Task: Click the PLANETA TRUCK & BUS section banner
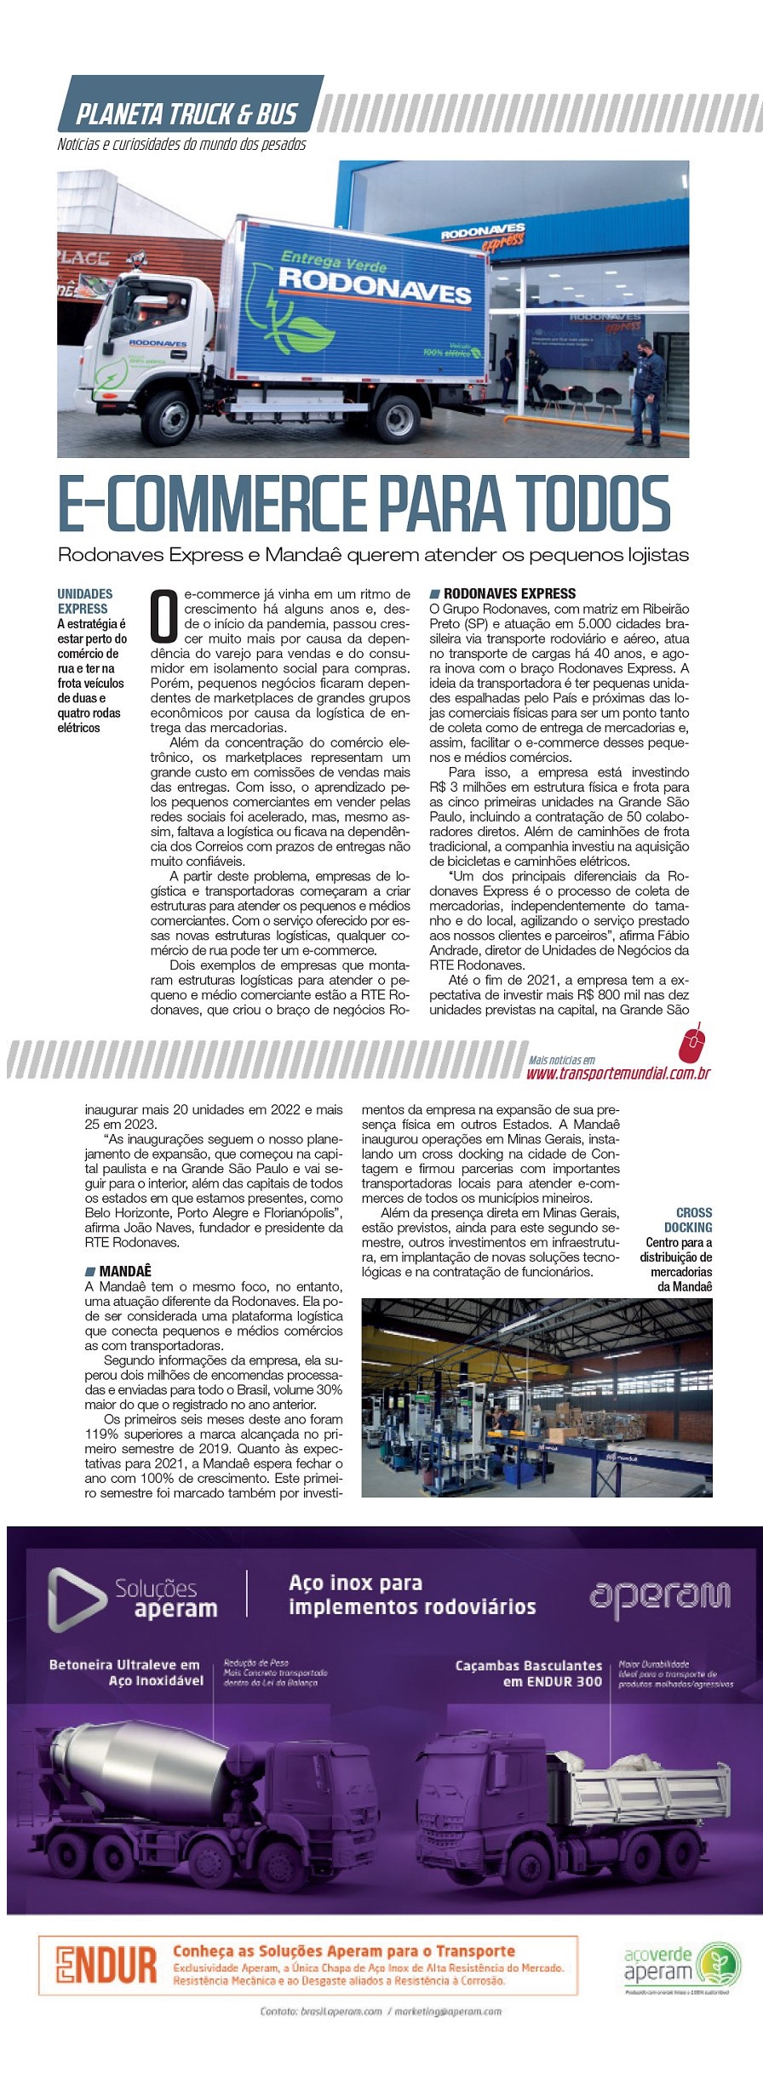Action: click(186, 113)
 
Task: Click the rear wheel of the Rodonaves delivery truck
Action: click(397, 415)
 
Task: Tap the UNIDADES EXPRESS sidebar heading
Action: click(84, 601)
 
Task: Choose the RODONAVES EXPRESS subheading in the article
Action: click(509, 593)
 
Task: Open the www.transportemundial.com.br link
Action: click(618, 1073)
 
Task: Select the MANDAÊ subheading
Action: click(124, 1271)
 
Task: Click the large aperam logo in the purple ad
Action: click(659, 1595)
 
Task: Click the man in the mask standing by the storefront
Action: click(647, 392)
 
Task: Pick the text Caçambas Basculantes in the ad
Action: click(528, 1665)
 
